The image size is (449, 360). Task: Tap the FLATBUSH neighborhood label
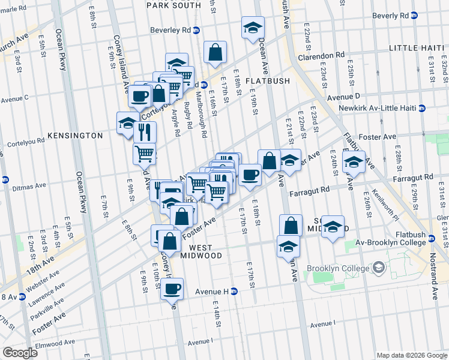[268, 81]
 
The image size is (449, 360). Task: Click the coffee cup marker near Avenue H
[172, 289]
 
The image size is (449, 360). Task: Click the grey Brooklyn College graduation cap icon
[379, 266]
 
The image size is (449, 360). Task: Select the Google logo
[19, 353]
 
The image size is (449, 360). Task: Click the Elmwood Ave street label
[55, 344]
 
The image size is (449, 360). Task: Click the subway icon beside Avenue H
[235, 292]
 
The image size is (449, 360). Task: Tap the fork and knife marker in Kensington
[145, 131]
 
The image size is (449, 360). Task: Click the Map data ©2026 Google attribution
[412, 355]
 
